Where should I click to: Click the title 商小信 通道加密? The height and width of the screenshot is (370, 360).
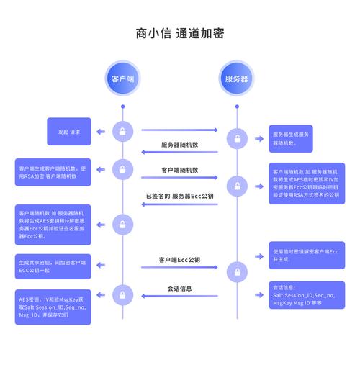point(179,33)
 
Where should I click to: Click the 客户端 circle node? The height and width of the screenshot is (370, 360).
point(123,78)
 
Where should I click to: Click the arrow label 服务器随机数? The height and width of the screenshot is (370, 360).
point(179,145)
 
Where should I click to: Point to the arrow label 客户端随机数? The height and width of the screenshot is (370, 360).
point(179,171)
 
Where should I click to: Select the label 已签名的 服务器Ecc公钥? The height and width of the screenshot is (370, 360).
point(179,196)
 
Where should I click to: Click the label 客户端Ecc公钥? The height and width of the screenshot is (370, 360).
point(179,259)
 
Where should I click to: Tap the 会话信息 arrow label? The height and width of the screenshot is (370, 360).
point(179,289)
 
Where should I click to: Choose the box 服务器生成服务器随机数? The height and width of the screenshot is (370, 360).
point(291,138)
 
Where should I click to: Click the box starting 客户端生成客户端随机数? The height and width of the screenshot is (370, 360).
point(53,172)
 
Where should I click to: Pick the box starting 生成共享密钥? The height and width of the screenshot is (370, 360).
point(53,266)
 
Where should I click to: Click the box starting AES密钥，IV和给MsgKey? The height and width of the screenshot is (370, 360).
point(53,307)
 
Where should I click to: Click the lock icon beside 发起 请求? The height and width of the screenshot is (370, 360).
point(123,132)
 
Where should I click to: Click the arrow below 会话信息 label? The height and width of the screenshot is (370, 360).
point(179,296)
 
